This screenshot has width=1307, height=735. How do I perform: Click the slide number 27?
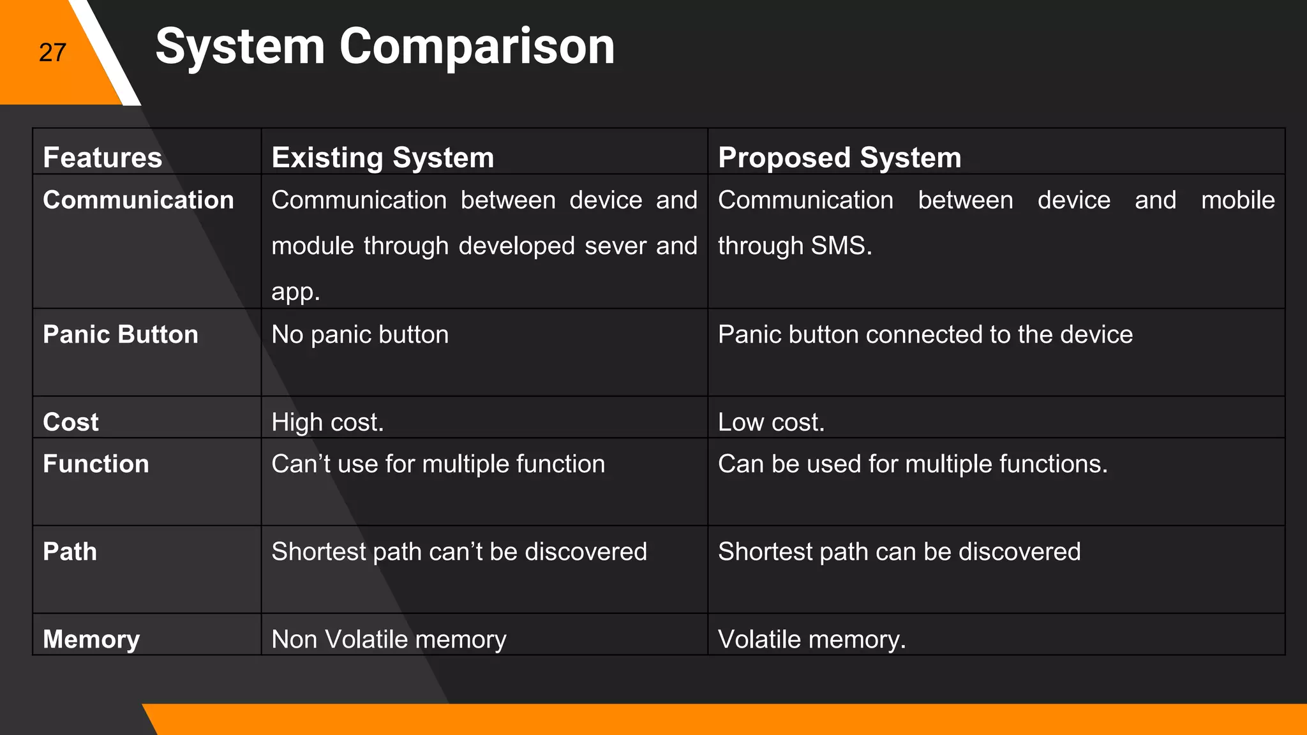point(52,52)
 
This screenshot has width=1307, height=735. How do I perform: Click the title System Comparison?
point(385,47)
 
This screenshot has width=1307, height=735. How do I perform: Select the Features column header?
point(103,158)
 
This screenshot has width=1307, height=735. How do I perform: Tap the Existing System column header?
point(383,158)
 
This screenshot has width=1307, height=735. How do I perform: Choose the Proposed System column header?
point(839,158)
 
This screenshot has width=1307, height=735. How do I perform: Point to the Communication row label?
point(138,200)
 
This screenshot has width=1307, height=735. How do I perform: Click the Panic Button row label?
point(121,335)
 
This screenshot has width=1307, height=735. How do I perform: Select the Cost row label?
point(71,422)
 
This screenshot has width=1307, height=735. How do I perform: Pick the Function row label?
point(96,464)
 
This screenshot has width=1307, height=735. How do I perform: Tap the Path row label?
point(70,552)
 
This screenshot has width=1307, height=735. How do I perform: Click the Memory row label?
point(91,639)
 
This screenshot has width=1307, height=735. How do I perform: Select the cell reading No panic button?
point(360,335)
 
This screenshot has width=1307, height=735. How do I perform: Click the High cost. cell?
point(327,422)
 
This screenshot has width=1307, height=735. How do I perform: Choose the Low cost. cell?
point(771,422)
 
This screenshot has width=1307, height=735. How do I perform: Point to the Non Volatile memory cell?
point(389,639)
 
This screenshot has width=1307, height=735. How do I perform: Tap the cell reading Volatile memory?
point(812,639)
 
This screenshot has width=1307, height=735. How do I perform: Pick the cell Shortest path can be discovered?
point(899,552)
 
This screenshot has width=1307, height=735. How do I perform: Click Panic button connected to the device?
point(925,335)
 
